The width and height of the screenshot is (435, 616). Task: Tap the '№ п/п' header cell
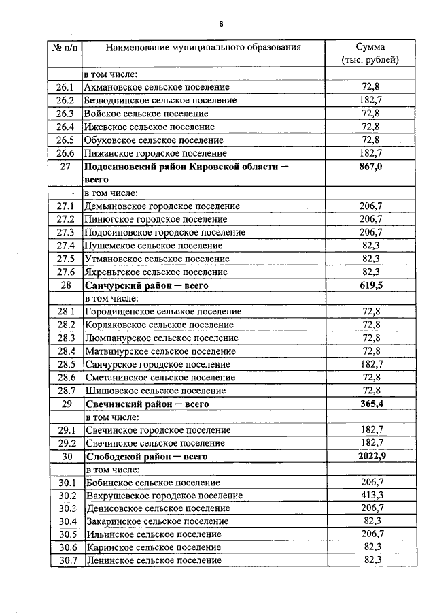click(x=65, y=48)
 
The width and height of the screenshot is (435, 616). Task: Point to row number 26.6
click(x=65, y=153)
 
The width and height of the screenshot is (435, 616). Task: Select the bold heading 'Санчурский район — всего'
click(x=145, y=285)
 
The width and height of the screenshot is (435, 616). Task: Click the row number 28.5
click(x=65, y=364)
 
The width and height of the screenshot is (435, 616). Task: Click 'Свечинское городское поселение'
click(x=158, y=430)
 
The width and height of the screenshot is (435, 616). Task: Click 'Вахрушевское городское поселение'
click(x=163, y=496)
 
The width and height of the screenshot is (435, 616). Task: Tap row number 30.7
click(x=65, y=560)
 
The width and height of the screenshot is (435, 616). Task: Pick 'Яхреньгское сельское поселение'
click(x=156, y=272)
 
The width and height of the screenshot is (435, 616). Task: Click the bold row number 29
click(x=65, y=404)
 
